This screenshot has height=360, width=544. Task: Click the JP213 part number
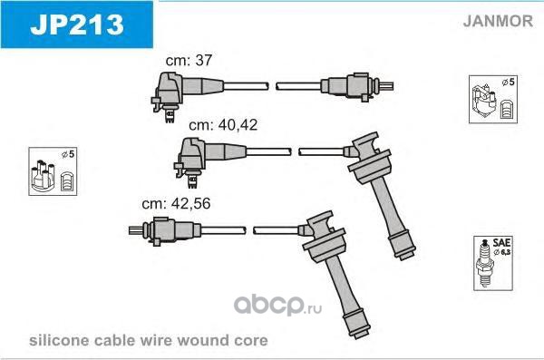coord(77,24)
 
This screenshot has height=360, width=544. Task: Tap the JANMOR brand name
coord(498,21)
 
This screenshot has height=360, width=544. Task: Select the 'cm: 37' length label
coord(189,60)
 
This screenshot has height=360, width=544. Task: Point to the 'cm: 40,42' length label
coord(223,125)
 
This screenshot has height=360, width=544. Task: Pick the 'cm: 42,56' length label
coord(176,203)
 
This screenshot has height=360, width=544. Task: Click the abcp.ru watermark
coord(277,305)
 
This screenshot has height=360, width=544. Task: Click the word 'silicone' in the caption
coord(59,340)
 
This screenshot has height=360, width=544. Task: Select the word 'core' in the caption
coord(251,341)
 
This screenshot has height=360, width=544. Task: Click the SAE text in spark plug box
coord(501,242)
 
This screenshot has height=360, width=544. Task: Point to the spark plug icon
coord(484,263)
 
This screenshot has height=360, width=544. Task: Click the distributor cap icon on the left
coord(43,175)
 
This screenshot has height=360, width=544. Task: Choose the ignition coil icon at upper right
coord(485,101)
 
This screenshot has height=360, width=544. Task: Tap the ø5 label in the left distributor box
coord(68,154)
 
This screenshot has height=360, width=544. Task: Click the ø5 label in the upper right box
coord(509,83)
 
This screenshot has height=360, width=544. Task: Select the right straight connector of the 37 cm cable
coord(357,86)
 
